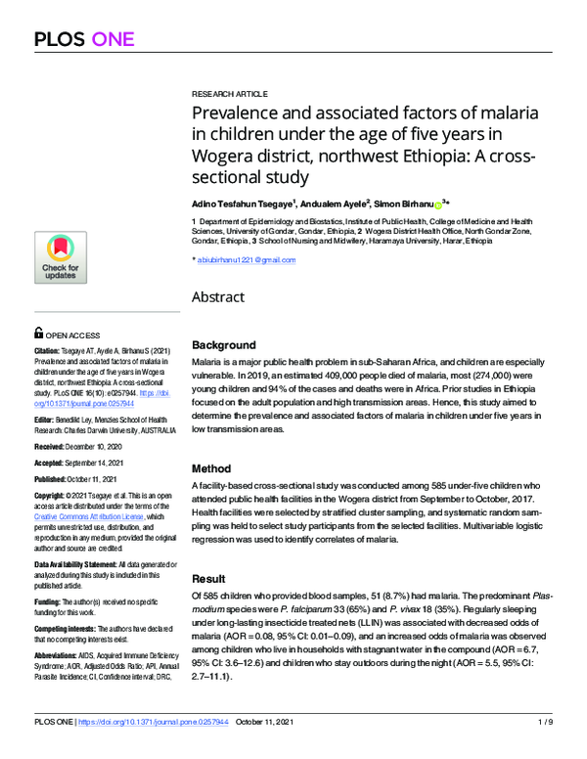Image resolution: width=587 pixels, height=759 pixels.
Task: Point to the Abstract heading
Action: click(x=219, y=296)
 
